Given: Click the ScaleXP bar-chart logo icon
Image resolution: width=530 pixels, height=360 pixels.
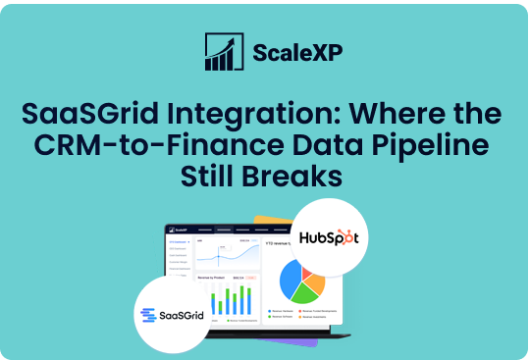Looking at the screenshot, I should pyautogui.click(x=220, y=52).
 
